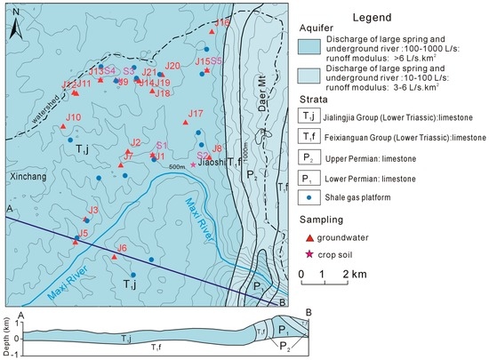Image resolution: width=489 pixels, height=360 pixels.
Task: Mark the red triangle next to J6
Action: pyautogui.click(x=114, y=258)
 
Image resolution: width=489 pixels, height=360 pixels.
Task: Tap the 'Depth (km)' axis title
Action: pyautogui.click(x=7, y=329)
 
